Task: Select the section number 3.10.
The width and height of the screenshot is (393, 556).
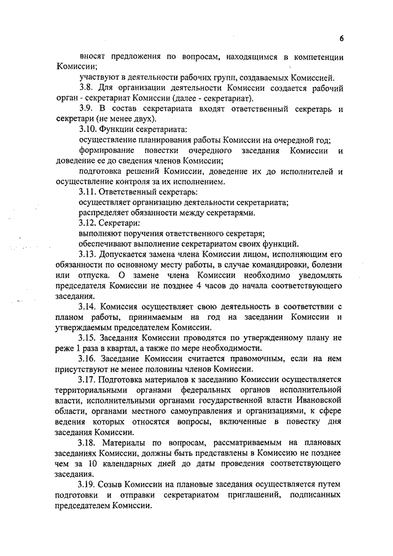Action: coord(90,129)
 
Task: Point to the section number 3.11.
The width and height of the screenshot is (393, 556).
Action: coord(90,192)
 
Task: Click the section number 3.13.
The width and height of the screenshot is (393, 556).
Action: coord(90,254)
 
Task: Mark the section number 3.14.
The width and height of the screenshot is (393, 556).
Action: coord(90,306)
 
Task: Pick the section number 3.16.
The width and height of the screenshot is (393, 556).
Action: coord(90,358)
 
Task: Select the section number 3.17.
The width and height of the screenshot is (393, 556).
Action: coord(90,379)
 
